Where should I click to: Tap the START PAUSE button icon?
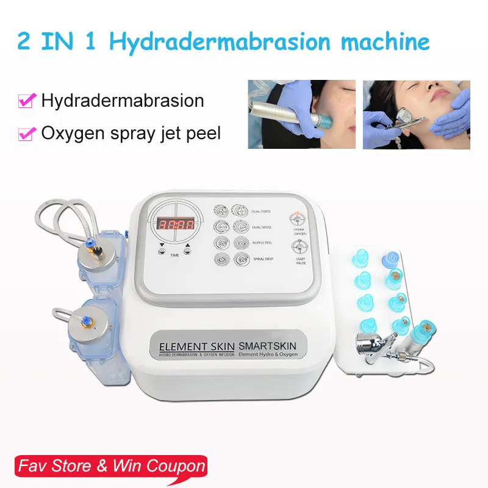(x=299, y=246)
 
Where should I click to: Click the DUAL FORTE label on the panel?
(x=261, y=211)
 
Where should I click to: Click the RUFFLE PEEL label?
(x=261, y=243)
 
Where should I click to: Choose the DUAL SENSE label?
(x=261, y=227)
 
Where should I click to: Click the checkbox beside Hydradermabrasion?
(x=26, y=101)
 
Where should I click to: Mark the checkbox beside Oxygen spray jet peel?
(x=26, y=133)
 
